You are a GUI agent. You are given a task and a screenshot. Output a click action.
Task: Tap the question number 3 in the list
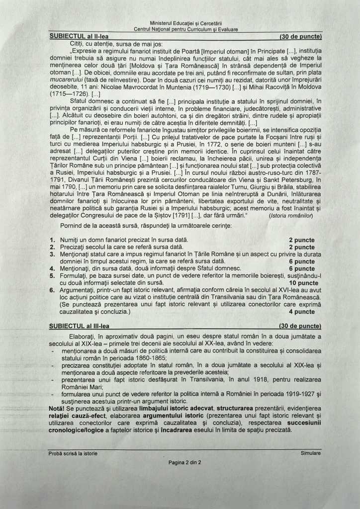tap(52, 254)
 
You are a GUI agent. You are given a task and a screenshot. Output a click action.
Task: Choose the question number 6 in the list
tap(52, 290)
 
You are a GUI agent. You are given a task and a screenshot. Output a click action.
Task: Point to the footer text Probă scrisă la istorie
tap(73, 453)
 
